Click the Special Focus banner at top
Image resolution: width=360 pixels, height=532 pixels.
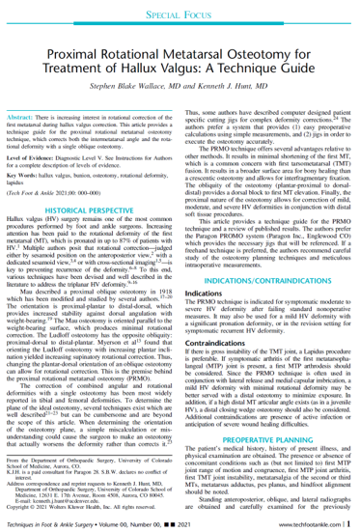point(180,15)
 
